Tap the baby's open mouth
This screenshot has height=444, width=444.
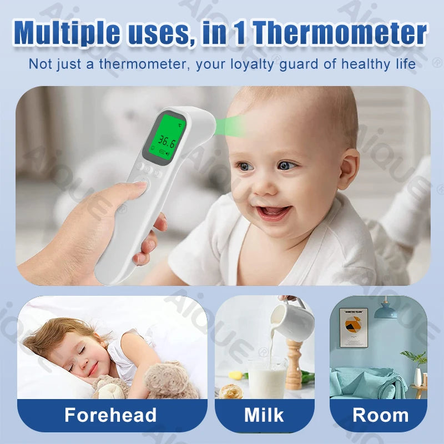click(273, 211)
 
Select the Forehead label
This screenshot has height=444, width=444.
click(110, 415)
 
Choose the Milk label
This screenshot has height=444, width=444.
click(264, 415)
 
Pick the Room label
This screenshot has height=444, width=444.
click(381, 415)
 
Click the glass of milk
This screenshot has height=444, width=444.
click(266, 377)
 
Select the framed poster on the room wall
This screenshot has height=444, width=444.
click(354, 327)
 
